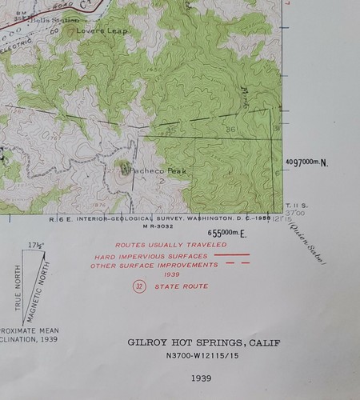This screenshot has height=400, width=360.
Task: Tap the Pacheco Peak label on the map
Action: [144, 170]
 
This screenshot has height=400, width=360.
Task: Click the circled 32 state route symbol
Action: [139, 286]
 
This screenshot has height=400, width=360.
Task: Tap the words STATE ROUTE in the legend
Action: [182, 286]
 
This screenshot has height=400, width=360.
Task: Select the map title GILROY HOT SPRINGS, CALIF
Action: [210, 342]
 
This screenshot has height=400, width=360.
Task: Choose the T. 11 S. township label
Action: [298, 205]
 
